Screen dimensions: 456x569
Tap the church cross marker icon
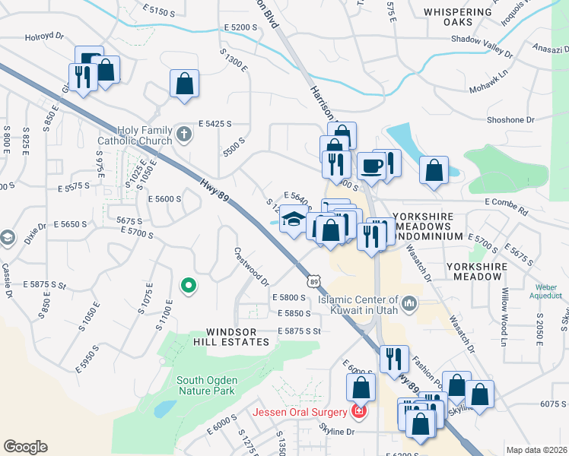point(183,135)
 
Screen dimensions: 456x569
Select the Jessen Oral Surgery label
point(300,413)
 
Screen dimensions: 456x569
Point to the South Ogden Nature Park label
point(206,385)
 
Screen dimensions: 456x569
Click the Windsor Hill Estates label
point(237,337)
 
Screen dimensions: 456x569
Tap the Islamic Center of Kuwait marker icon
point(409,305)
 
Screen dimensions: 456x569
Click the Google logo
point(25,446)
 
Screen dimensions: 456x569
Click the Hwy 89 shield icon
point(314,281)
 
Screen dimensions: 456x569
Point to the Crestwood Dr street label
point(252,266)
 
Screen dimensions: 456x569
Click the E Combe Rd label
point(506,206)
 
